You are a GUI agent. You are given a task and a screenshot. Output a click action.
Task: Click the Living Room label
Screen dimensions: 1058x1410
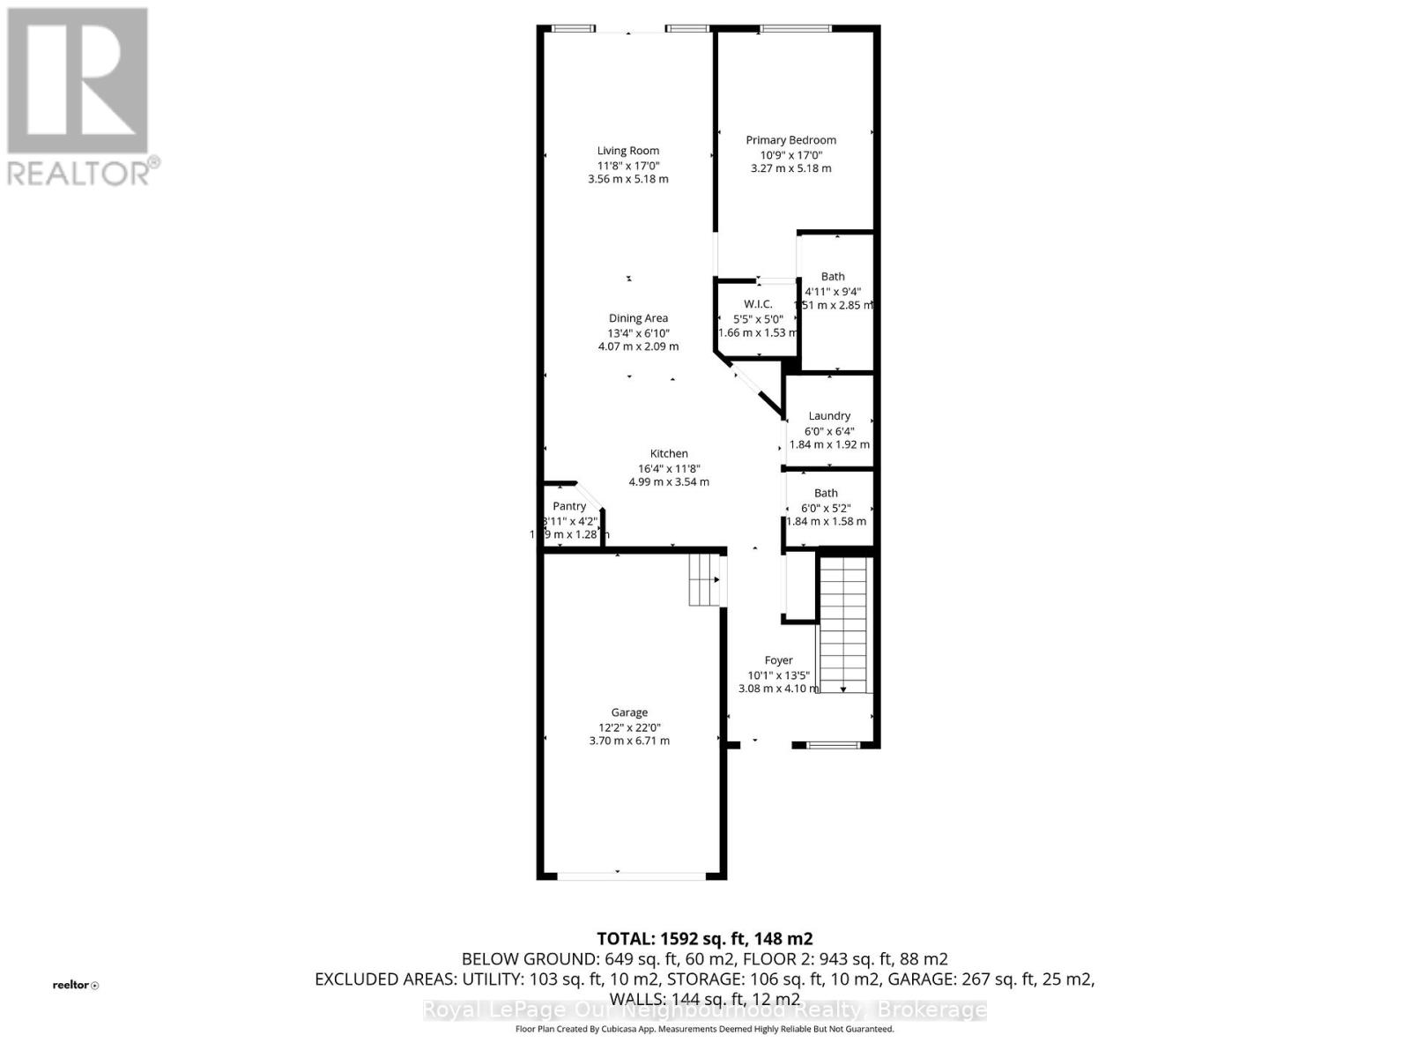pyautogui.click(x=627, y=151)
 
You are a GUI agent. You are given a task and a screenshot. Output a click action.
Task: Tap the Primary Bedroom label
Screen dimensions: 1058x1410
pyautogui.click(x=790, y=140)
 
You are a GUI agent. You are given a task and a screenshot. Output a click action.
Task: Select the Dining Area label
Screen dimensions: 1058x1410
pyautogui.click(x=638, y=318)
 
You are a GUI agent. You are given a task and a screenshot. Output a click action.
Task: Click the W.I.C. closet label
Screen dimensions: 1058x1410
pyautogui.click(x=758, y=304)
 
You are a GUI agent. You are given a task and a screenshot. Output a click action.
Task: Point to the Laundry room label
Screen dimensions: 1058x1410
pyautogui.click(x=829, y=416)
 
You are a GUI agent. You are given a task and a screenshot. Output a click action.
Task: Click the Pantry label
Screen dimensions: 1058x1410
pyautogui.click(x=569, y=506)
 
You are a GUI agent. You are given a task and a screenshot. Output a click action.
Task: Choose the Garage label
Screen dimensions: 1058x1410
pyautogui.click(x=629, y=712)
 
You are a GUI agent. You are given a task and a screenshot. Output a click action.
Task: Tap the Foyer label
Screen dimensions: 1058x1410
pyautogui.click(x=778, y=660)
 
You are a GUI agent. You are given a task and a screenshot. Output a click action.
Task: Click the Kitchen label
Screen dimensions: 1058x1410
pyautogui.click(x=669, y=454)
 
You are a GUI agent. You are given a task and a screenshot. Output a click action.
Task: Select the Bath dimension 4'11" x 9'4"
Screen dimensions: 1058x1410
pyautogui.click(x=833, y=291)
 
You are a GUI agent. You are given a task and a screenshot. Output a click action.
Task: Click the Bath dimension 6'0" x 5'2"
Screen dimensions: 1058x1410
pyautogui.click(x=826, y=508)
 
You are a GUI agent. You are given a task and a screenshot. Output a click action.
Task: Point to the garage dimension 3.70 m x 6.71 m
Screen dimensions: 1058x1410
pyautogui.click(x=629, y=741)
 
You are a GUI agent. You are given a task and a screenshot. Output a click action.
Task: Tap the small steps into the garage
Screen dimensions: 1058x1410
pyautogui.click(x=705, y=579)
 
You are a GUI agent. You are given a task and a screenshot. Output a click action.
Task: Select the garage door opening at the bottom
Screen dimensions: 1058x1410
pyautogui.click(x=631, y=875)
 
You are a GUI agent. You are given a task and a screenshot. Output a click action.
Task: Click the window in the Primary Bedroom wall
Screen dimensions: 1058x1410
pyautogui.click(x=795, y=30)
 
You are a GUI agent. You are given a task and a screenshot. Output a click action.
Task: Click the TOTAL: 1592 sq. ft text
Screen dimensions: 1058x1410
pyautogui.click(x=704, y=939)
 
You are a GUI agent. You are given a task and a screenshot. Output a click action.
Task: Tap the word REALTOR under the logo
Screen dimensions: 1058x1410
pyautogui.click(x=79, y=173)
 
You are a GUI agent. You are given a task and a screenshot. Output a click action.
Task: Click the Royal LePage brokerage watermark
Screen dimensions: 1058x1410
pyautogui.click(x=704, y=1010)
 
